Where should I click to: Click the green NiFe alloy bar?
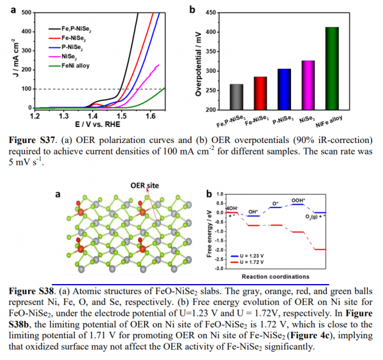click(x=332, y=68)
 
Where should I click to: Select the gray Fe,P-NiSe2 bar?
click(x=237, y=97)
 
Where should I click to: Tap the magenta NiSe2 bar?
click(x=308, y=86)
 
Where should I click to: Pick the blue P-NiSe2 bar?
click(x=284, y=89)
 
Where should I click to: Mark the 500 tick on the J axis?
click(x=26, y=12)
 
